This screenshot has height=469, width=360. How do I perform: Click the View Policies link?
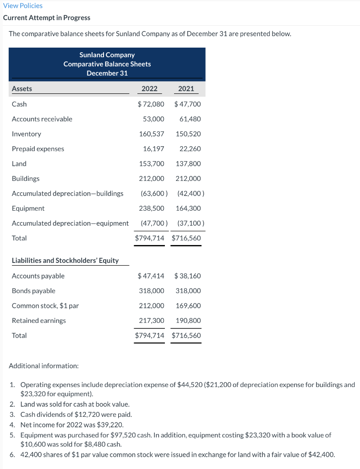pyautogui.click(x=22, y=5)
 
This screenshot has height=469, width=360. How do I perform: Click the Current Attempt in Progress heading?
pyautogui.click(x=46, y=17)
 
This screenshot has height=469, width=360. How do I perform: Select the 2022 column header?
pyautogui.click(x=149, y=88)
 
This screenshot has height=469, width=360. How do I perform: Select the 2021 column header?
pyautogui.click(x=186, y=88)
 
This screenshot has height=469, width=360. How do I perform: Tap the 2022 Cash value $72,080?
pyautogui.click(x=151, y=104)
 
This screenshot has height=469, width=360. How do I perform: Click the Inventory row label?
pyautogui.click(x=26, y=134)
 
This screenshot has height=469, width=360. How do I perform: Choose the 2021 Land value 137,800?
pyautogui.click(x=188, y=164)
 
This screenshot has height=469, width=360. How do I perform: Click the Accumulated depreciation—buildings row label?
pyautogui.click(x=67, y=193)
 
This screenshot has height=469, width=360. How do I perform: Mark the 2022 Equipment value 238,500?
pyautogui.click(x=152, y=208)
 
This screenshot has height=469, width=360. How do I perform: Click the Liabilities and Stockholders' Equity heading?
pyautogui.click(x=65, y=260)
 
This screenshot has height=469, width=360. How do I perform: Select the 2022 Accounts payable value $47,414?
pyautogui.click(x=151, y=276)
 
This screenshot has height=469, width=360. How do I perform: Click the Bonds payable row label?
pyautogui.click(x=33, y=291)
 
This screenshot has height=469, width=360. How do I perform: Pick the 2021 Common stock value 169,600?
pyautogui.click(x=188, y=305)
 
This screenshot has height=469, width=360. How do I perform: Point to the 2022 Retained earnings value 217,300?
pyautogui.click(x=152, y=321)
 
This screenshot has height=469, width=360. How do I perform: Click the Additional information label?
pyautogui.click(x=44, y=365)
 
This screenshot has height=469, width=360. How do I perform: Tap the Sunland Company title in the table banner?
pyautogui.click(x=107, y=55)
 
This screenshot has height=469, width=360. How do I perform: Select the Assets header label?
pyautogui.click(x=22, y=88)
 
